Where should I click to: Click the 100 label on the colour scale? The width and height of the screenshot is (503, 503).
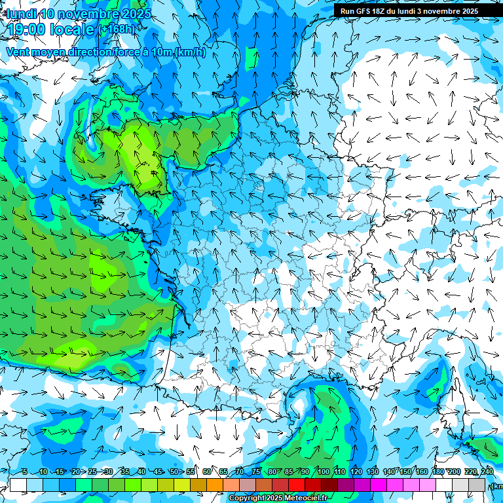tap(324, 472)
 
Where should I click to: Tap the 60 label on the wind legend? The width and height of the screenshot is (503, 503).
tap(207, 472)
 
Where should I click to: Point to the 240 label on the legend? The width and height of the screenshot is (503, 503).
tap(487, 472)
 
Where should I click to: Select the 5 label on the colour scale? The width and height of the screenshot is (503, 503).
tap(24, 472)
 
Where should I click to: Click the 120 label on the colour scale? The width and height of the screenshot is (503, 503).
tap(356, 472)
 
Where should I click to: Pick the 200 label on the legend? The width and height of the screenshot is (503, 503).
tap(454, 472)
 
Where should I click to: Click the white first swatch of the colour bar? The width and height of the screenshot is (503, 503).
tap(18, 485)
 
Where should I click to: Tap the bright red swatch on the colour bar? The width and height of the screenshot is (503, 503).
tap(297, 485)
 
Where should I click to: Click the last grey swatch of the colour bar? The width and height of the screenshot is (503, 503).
tap(477, 485)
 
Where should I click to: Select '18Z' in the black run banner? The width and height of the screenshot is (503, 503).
tap(382, 11)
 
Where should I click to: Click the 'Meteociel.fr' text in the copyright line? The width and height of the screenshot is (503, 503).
tap(306, 498)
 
